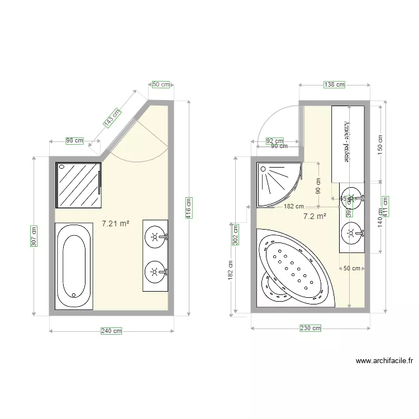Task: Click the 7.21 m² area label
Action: click(x=116, y=223)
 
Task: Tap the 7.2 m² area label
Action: click(x=315, y=216)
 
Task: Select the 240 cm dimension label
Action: click(x=111, y=331)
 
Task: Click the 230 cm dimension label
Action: click(x=310, y=328)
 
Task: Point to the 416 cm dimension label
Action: click(x=189, y=208)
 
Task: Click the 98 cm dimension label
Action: click(x=74, y=141)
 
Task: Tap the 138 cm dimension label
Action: click(x=334, y=84)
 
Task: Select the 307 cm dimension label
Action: click(x=35, y=236)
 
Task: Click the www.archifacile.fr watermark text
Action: click(x=383, y=361)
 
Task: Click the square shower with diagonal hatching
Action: click(x=79, y=185)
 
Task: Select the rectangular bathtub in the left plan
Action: click(x=74, y=265)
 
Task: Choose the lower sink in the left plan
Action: click(x=155, y=273)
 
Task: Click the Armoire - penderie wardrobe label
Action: click(x=346, y=142)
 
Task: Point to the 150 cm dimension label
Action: click(x=380, y=146)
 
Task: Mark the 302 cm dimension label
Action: click(x=235, y=235)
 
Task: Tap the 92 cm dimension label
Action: click(x=274, y=141)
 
